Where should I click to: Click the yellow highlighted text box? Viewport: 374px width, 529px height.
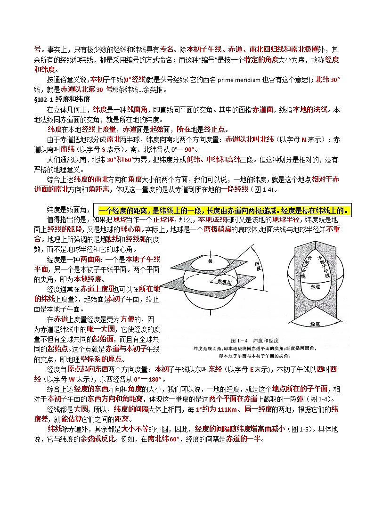224,210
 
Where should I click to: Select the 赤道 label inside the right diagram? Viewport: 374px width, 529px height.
316,286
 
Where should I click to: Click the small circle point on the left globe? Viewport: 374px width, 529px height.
228,267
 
